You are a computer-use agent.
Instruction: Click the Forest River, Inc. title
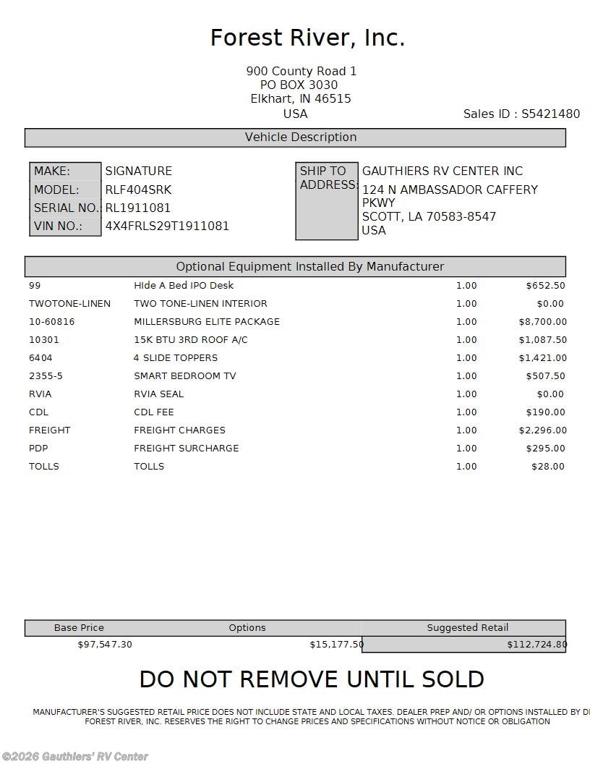[307, 38]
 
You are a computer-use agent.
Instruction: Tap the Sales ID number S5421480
[550, 114]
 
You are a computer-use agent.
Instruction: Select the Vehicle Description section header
[295, 137]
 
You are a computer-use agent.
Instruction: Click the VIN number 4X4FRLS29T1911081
[167, 226]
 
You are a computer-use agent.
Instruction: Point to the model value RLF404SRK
[138, 190]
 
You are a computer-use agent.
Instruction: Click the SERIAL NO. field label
[66, 208]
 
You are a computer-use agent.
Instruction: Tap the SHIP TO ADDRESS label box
[327, 201]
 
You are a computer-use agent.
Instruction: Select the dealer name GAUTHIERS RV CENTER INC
[442, 171]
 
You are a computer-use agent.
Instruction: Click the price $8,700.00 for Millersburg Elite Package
[542, 321]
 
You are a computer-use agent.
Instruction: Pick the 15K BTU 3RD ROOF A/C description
[190, 339]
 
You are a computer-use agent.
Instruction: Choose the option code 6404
[40, 357]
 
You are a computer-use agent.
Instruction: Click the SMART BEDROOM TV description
[184, 375]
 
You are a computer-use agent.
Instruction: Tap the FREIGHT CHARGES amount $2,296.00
[542, 430]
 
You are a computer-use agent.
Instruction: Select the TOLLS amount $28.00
[548, 466]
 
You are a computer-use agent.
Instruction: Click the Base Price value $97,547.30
[105, 644]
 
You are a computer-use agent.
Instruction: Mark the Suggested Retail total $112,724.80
[536, 644]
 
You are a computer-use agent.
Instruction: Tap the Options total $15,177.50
[336, 644]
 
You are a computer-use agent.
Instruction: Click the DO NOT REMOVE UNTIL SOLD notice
[312, 679]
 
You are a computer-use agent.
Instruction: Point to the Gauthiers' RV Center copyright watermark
[74, 757]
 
